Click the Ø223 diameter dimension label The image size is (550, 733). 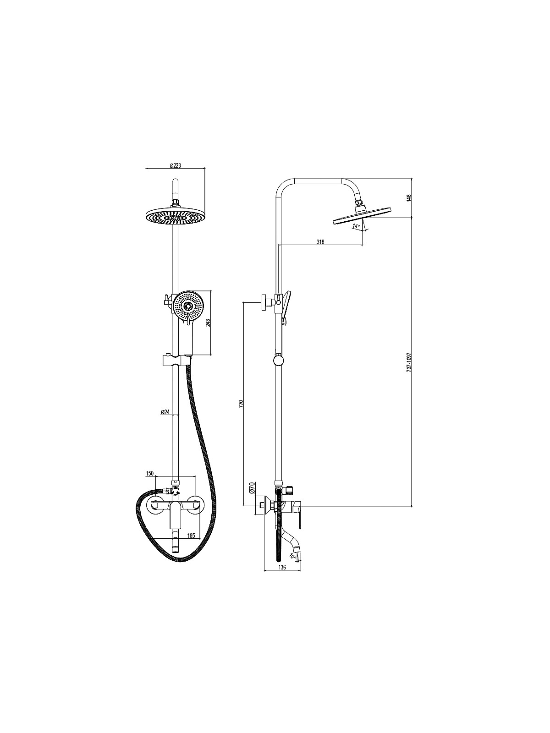(176, 165)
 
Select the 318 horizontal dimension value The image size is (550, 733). (320, 242)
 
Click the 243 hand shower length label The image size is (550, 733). (208, 323)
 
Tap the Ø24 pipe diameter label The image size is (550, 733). (165, 412)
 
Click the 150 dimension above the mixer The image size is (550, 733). (149, 473)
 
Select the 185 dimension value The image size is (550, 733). (191, 536)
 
